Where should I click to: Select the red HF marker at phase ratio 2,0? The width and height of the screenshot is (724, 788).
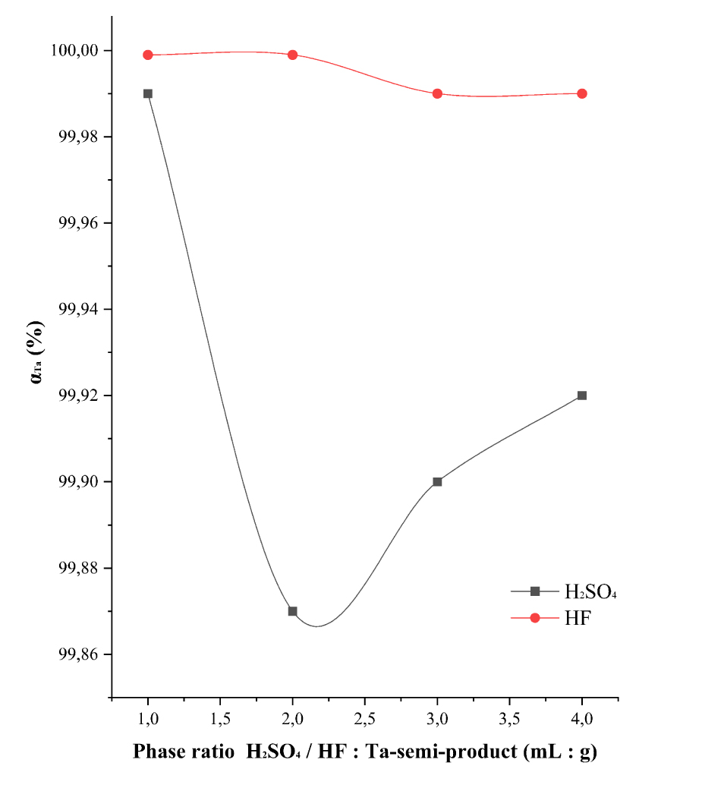[292, 55]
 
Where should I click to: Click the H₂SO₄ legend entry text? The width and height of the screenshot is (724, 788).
[590, 591]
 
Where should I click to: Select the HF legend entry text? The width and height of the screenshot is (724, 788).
[577, 618]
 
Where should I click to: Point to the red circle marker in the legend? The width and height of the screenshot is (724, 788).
[534, 618]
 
